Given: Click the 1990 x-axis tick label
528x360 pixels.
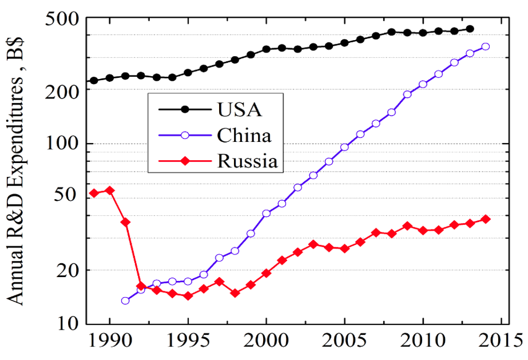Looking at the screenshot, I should pos(109,343).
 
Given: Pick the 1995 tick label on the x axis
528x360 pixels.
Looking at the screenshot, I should pos(188,343).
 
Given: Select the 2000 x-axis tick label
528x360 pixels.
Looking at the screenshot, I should pos(266,343).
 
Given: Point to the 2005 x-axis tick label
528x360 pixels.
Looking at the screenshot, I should pos(344,343).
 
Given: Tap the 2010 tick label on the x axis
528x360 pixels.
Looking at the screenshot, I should pos(423,343).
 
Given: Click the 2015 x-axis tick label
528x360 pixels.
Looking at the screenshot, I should pos(501,343).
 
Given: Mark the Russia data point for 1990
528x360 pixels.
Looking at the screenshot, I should pos(110,191).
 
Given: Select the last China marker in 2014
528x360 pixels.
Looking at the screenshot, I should pos(485,46).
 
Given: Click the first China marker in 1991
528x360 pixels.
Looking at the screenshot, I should pos(125,300).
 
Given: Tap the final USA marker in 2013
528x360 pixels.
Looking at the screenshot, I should pos(470,29).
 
